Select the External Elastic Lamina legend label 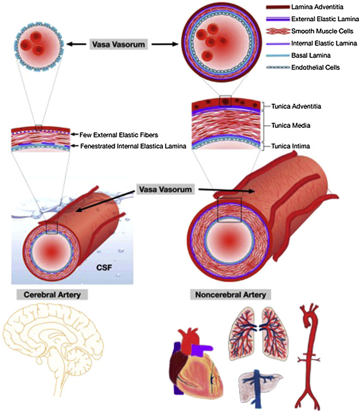click(x=324, y=20)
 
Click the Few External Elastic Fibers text click(x=125, y=134)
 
